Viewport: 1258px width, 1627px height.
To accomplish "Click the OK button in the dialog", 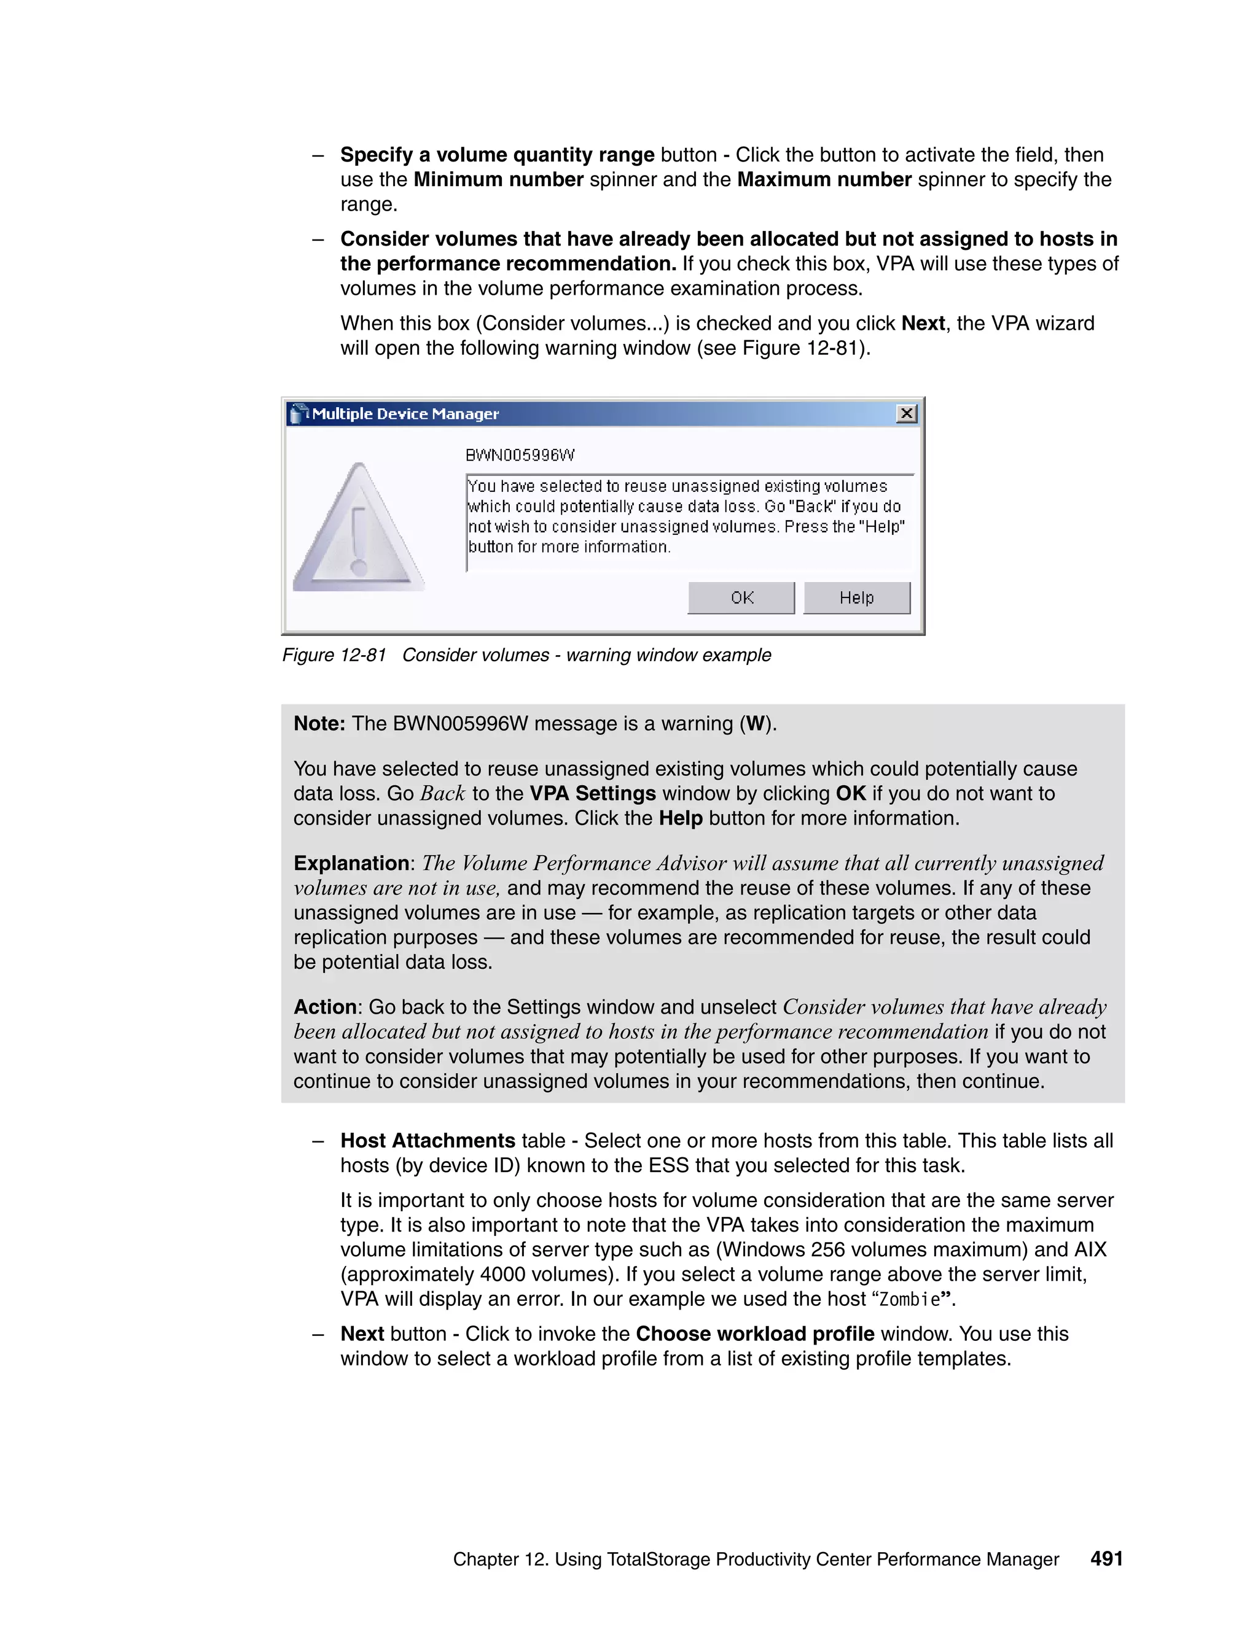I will [741, 597].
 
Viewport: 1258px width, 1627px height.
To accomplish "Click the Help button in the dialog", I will [856, 597].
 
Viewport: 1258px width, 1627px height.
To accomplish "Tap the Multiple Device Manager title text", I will [405, 414].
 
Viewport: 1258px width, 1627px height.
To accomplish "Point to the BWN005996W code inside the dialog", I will [520, 455].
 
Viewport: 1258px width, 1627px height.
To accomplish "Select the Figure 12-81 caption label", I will [334, 655].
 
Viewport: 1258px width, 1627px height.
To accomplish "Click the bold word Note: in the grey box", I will [319, 723].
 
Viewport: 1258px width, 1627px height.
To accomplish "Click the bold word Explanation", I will [351, 863].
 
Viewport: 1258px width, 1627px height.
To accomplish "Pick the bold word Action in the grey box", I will [325, 1006].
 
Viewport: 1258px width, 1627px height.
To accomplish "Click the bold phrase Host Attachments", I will [428, 1141].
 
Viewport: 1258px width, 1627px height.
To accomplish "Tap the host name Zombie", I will [909, 1299].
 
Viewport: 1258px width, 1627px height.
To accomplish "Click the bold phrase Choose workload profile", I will [754, 1334].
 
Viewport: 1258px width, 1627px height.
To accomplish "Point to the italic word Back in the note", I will [443, 793].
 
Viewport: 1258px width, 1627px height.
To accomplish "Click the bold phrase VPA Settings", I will [593, 793].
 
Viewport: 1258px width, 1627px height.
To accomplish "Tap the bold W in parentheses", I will [755, 723].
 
